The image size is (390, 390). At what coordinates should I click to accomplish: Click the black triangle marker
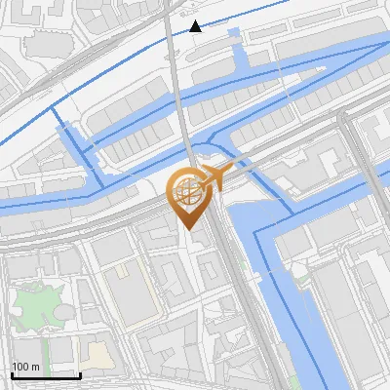(196, 26)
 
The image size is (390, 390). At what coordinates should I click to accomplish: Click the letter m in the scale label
(36, 367)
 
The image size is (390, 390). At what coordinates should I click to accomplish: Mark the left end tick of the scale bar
(12, 373)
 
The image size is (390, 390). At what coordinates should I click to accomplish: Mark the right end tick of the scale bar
(80, 373)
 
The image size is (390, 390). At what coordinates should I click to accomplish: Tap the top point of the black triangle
(196, 20)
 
